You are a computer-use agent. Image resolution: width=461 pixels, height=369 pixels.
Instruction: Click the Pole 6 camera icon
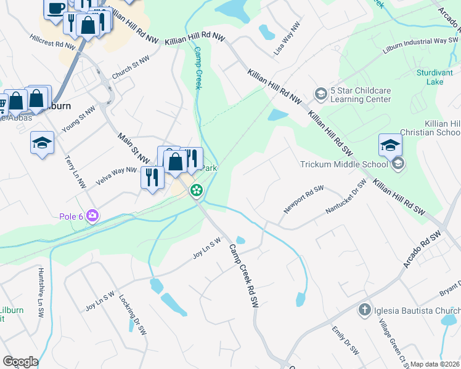click(x=92, y=215)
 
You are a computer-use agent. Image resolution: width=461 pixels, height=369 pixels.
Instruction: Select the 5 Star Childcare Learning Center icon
click(x=320, y=94)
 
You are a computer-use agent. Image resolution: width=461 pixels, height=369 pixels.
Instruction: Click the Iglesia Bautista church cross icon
click(x=364, y=310)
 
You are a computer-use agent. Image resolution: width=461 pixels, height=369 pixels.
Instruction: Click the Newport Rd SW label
click(x=303, y=199)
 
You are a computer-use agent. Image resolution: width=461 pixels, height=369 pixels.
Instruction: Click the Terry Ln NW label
click(x=75, y=170)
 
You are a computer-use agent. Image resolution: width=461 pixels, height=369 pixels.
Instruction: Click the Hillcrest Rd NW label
click(x=52, y=41)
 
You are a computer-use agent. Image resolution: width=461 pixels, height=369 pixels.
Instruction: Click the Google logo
click(x=20, y=362)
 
